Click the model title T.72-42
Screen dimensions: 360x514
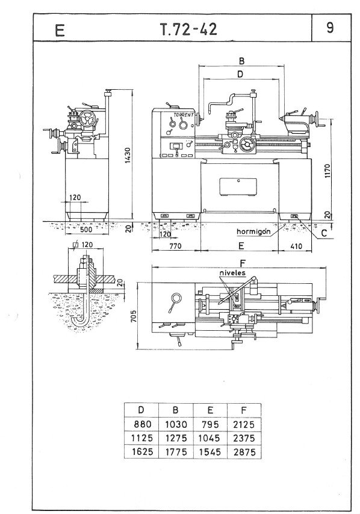[x=188, y=30]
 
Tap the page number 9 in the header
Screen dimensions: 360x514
[x=330, y=28]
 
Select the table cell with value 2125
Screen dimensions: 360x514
[x=244, y=424]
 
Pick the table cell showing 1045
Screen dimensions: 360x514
[x=210, y=438]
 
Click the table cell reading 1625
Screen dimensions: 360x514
[x=142, y=452]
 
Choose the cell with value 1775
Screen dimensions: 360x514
[x=176, y=452]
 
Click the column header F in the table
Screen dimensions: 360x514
[x=244, y=410]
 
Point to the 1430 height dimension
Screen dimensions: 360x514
[x=128, y=155]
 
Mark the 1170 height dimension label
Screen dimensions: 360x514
[x=329, y=171]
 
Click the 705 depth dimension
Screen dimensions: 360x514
[x=133, y=316]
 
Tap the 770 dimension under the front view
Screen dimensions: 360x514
[x=176, y=246]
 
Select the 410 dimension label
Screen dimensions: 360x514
[x=296, y=246]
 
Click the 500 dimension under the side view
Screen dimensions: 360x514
[x=86, y=229]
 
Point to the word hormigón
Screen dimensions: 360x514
[x=253, y=231]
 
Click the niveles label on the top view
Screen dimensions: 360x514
[x=232, y=273]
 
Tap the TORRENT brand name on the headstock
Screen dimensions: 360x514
[x=184, y=115]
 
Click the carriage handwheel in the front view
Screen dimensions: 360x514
[x=247, y=145]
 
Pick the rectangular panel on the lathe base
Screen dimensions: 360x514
[x=238, y=187]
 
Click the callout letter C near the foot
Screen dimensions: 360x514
[x=324, y=233]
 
